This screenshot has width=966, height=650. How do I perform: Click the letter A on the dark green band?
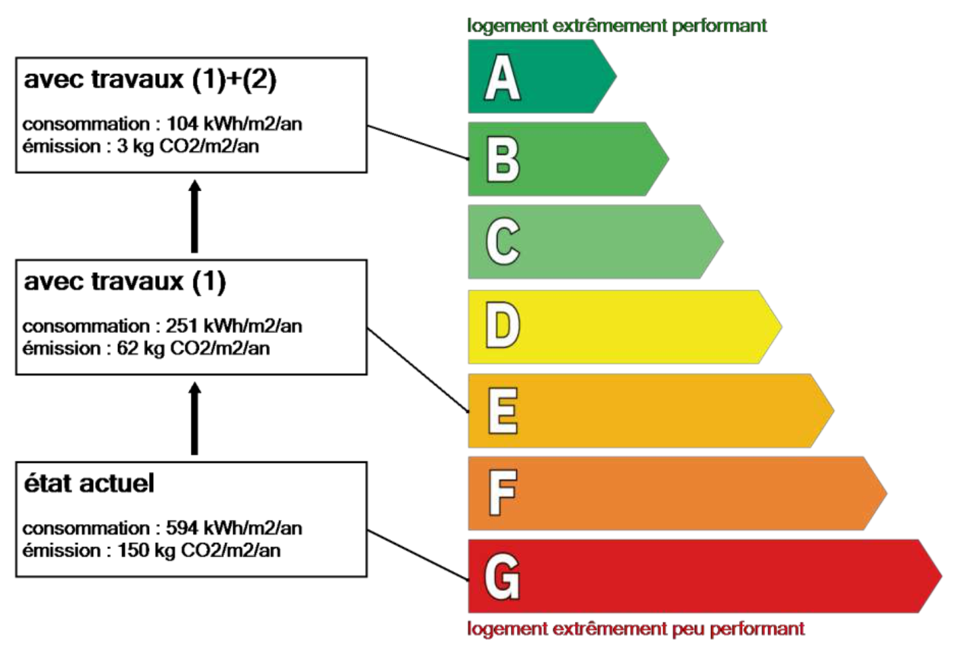(502, 77)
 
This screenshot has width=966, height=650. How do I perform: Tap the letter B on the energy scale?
(503, 160)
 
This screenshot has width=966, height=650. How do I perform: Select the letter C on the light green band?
(503, 241)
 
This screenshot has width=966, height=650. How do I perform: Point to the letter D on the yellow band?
(503, 325)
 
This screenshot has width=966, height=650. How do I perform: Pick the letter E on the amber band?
(503, 410)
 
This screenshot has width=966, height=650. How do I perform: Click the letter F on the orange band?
(503, 493)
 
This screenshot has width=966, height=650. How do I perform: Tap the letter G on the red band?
(502, 577)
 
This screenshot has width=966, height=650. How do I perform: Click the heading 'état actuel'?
(89, 483)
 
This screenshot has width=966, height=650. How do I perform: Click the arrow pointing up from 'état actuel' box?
(195, 418)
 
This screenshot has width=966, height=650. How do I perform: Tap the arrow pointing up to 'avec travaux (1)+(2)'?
(195, 216)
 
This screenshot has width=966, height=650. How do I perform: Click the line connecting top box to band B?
(418, 143)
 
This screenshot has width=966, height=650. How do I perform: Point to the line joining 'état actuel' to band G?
(418, 556)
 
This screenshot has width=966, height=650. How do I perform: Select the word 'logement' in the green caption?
(508, 26)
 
